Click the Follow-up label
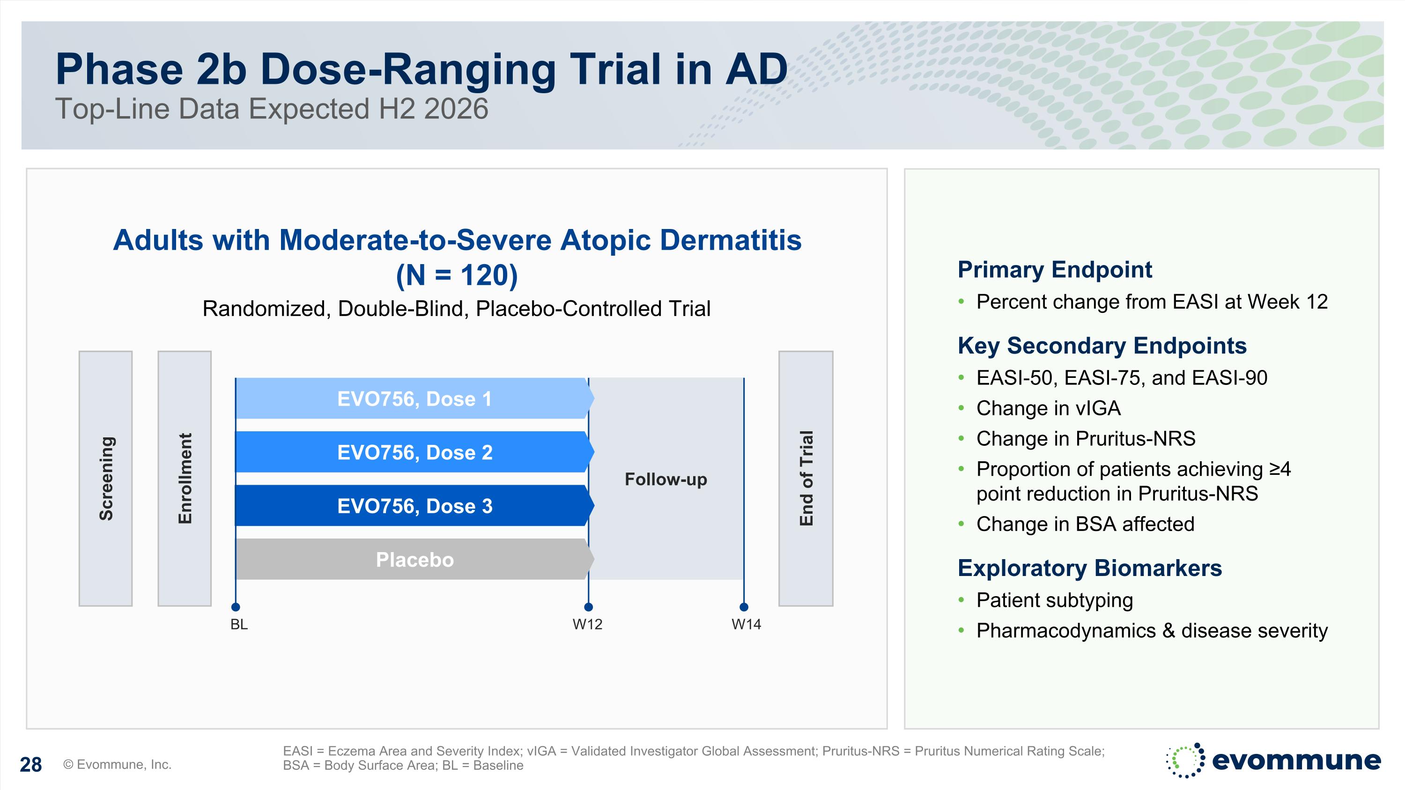(x=666, y=479)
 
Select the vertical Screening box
(x=106, y=478)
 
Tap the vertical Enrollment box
(x=185, y=478)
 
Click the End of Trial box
(x=806, y=478)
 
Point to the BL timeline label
(x=239, y=624)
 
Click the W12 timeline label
(x=587, y=624)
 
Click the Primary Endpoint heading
(x=1054, y=270)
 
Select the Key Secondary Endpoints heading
(x=1102, y=346)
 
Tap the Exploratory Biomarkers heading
(x=1089, y=568)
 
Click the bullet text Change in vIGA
(x=1048, y=408)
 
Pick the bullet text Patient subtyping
(x=1054, y=600)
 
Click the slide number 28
(x=30, y=765)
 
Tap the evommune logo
(x=1273, y=760)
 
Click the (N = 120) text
(x=457, y=275)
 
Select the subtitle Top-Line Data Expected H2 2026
(x=272, y=109)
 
